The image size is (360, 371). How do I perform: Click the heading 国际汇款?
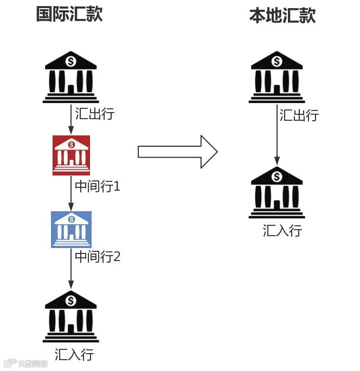[69, 14]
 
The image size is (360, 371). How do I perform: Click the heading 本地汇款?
[282, 15]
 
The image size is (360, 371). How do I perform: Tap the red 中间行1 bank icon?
[71, 155]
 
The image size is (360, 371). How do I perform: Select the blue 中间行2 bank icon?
[71, 229]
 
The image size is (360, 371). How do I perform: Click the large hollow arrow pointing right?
[177, 151]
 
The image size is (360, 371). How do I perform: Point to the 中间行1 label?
[97, 187]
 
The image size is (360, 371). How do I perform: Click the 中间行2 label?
[98, 256]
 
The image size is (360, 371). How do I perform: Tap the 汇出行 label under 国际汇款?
[95, 114]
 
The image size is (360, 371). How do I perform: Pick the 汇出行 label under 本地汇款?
[299, 115]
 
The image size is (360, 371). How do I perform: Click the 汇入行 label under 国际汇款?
[74, 355]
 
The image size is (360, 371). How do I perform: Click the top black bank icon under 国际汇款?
[70, 77]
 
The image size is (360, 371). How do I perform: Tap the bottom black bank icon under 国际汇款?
[70, 317]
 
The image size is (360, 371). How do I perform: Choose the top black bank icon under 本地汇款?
[277, 77]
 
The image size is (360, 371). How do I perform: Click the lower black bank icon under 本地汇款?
[277, 192]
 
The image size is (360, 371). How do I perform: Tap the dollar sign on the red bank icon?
[71, 145]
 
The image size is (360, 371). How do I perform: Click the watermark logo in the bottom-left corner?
[25, 363]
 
